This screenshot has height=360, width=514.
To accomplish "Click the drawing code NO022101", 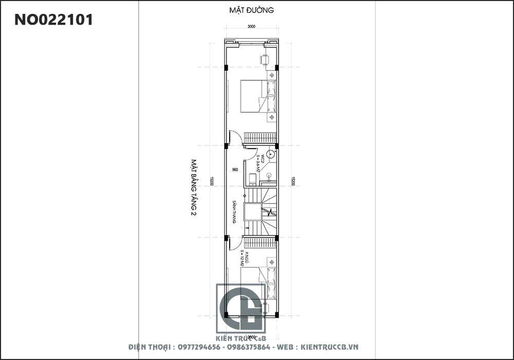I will [x=53, y=20].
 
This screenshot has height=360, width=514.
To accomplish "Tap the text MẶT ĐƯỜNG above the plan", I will [x=252, y=10].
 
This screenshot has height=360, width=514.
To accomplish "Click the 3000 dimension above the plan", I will [x=252, y=27].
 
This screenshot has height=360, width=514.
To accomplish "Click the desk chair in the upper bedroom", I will [x=265, y=60].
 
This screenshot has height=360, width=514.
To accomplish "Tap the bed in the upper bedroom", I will [x=255, y=96].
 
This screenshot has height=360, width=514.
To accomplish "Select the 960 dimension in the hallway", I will [x=235, y=169].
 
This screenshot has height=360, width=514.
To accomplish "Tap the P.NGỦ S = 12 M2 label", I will [x=243, y=258].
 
